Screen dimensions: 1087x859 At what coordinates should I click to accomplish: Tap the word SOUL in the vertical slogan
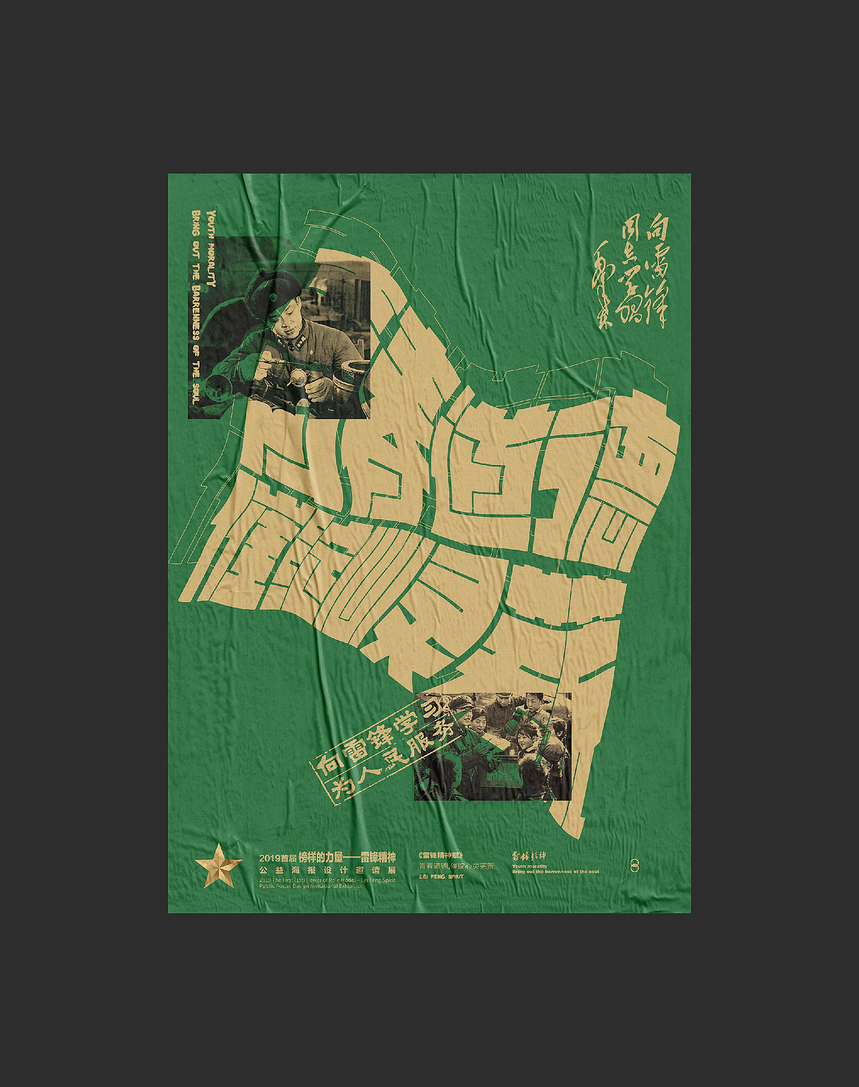[x=195, y=392]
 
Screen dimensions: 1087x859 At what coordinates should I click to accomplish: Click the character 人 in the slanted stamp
[x=370, y=775]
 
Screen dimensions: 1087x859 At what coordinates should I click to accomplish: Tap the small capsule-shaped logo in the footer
[x=634, y=866]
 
